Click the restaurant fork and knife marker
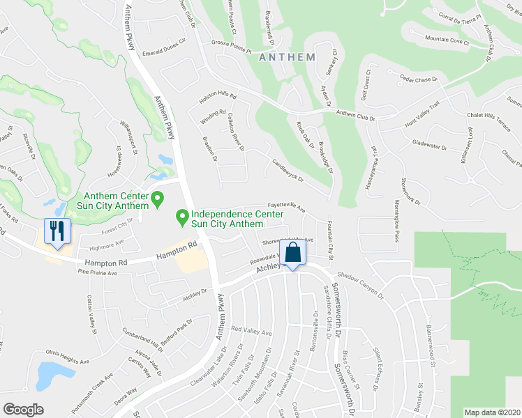pos(57,232)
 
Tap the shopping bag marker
pos(293,254)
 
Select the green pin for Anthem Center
pos(158,200)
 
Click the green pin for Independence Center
pos(183,219)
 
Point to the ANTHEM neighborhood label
pos(287,58)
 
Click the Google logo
pos(23,410)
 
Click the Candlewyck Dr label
pos(288,169)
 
